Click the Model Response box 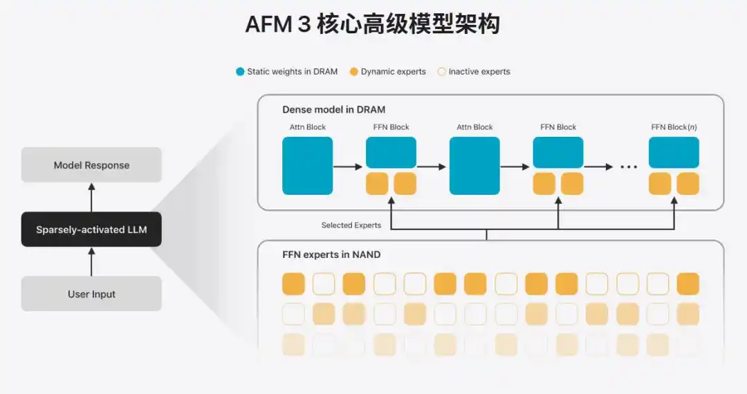coord(91,165)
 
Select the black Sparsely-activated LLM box coord(91,229)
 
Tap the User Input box coord(91,294)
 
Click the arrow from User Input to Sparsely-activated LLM coord(91,262)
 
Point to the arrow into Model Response coord(91,198)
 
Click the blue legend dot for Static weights coord(240,72)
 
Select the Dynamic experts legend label coord(393,71)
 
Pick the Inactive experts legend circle coord(441,72)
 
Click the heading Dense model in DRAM coord(333,109)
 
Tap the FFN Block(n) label coord(674,127)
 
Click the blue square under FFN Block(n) coord(674,152)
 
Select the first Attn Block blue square coord(307,166)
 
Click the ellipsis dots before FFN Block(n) coord(629,167)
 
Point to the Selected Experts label coord(351,225)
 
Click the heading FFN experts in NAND coord(331,254)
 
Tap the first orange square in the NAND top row coord(293,283)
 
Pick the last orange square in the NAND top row coord(688,283)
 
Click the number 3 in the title coord(304,24)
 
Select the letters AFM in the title coord(268,24)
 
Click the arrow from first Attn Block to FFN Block coord(348,167)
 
